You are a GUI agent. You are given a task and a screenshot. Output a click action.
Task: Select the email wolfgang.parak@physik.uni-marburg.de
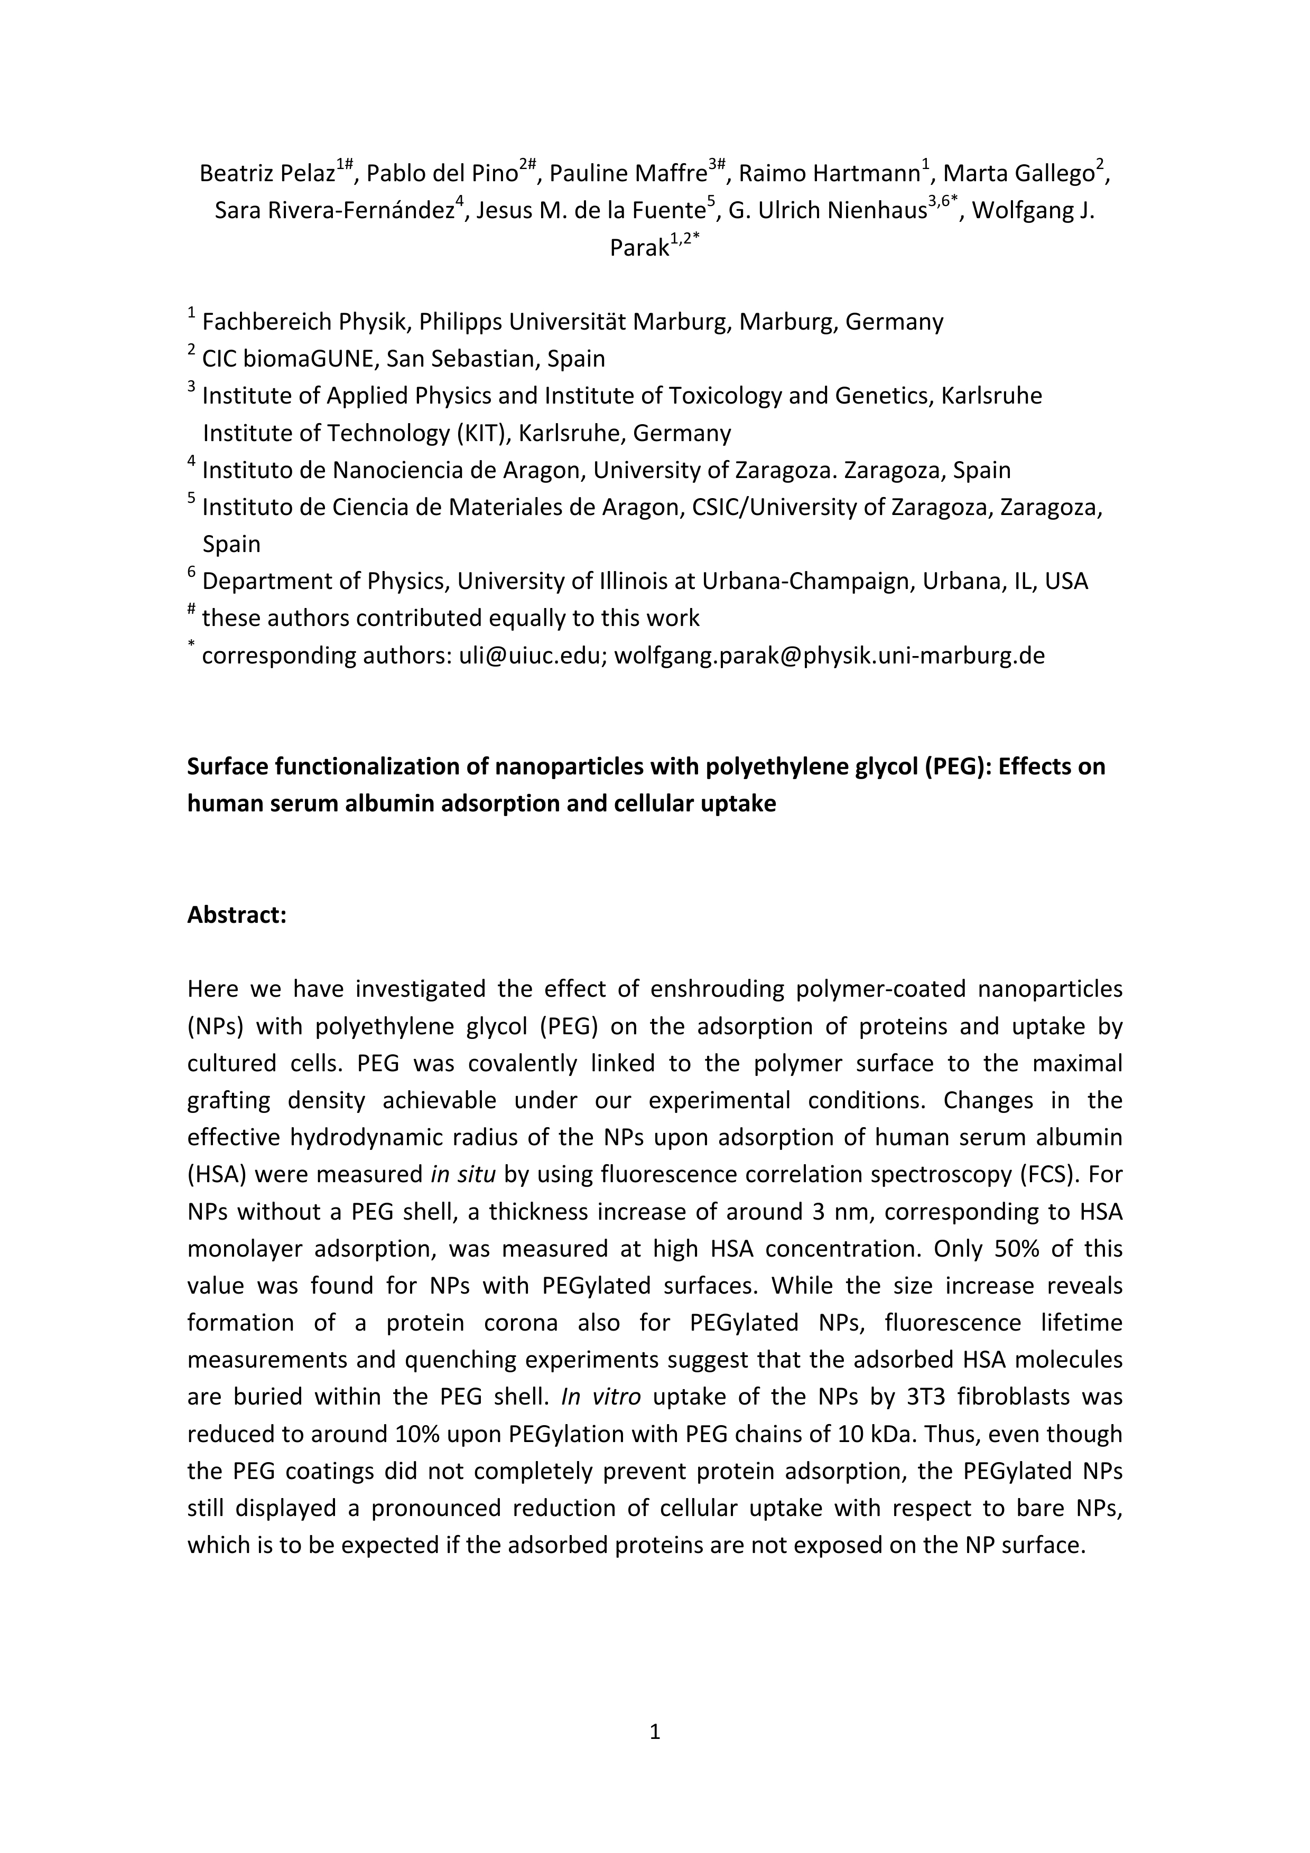point(829,656)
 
